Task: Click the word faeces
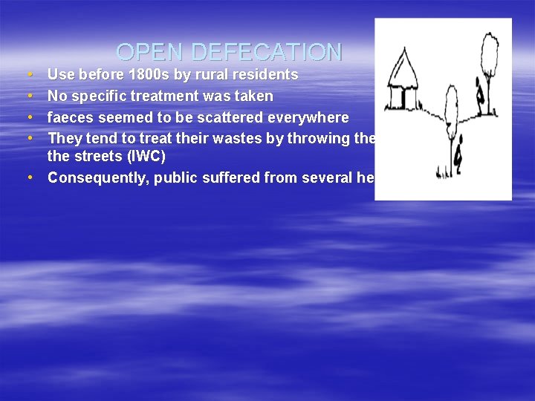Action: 72,117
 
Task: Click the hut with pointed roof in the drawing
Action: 403,79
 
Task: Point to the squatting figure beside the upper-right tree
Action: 481,92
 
